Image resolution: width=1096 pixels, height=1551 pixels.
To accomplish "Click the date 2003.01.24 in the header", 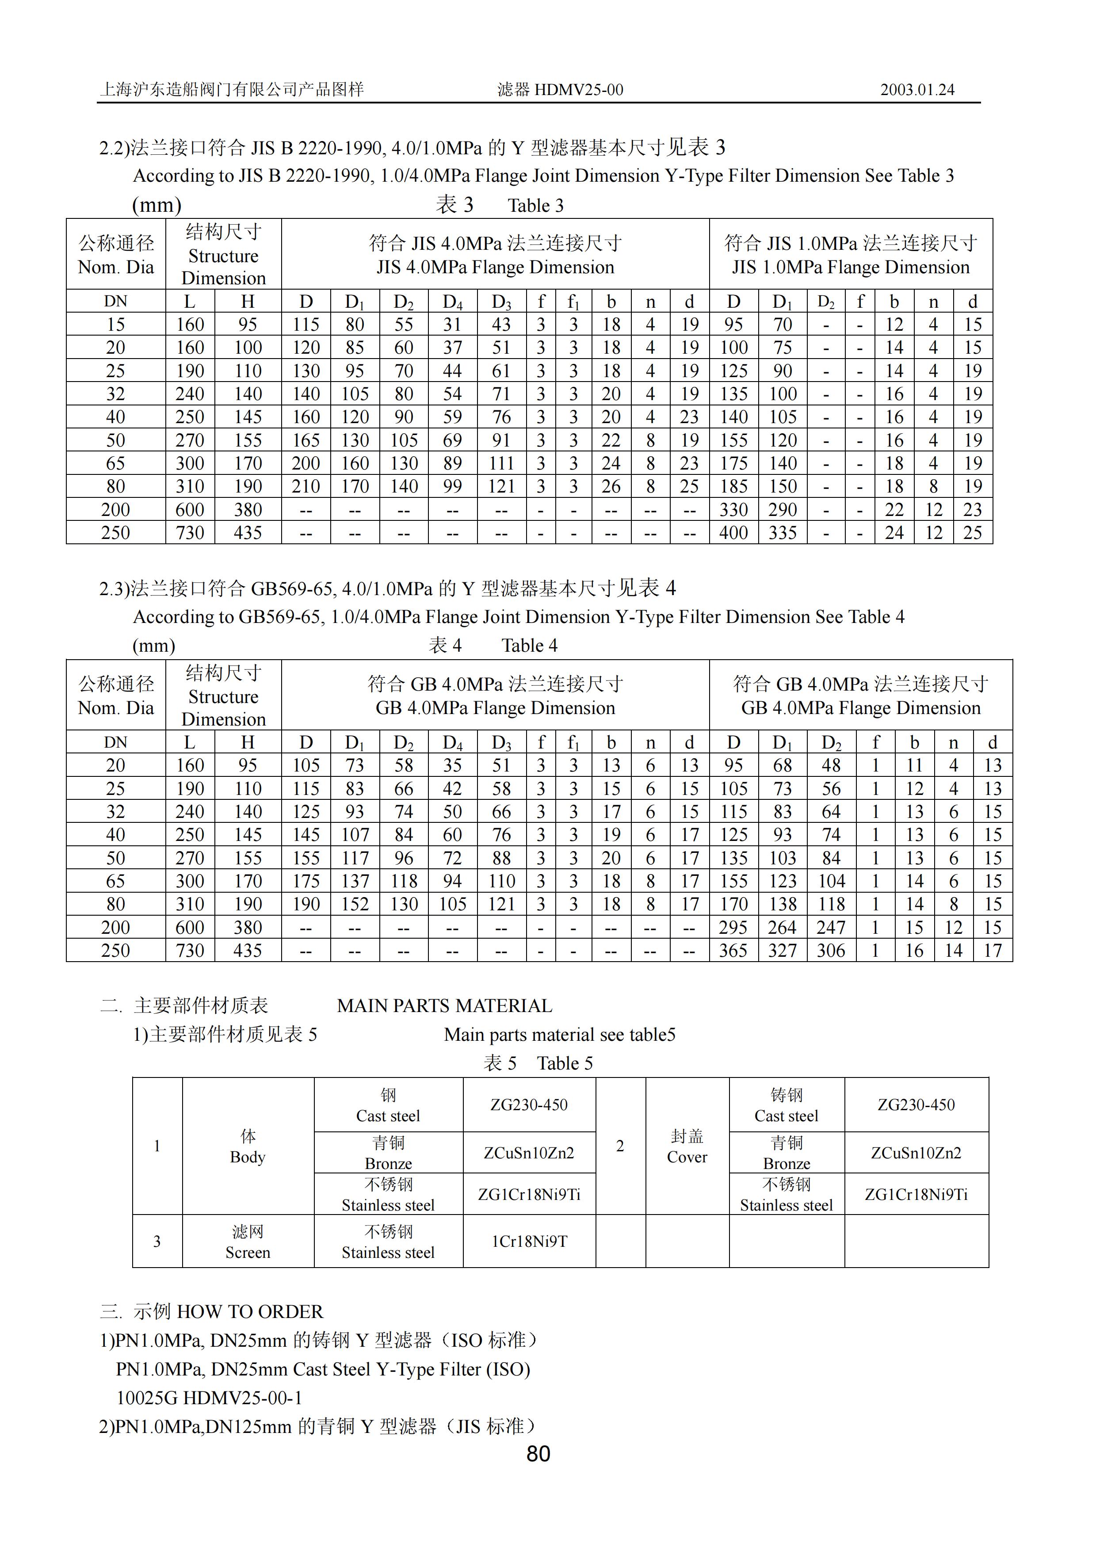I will pos(917,90).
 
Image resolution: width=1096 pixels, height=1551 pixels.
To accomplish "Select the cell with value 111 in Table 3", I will pos(501,463).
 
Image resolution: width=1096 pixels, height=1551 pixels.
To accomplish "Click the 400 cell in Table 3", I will pos(733,533).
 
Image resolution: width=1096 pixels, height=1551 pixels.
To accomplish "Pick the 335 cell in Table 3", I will pos(782,533).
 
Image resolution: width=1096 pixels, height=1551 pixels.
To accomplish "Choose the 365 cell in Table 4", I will pos(733,951).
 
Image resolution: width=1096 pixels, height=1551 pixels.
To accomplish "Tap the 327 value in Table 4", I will pos(782,951).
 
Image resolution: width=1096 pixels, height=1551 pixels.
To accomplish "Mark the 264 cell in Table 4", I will pos(782,928).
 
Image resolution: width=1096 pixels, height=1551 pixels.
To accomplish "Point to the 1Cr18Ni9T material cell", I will pos(529,1242).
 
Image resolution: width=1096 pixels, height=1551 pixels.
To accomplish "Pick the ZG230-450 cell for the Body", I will pos(529,1105).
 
